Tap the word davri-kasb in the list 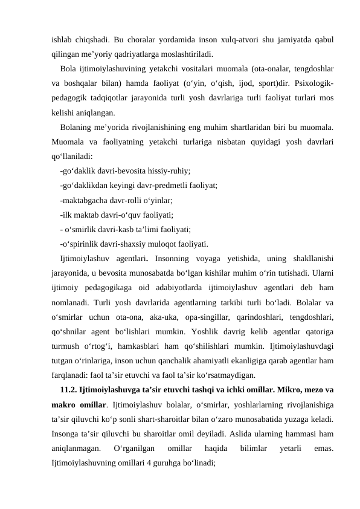pyautogui.click(x=123, y=230)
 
